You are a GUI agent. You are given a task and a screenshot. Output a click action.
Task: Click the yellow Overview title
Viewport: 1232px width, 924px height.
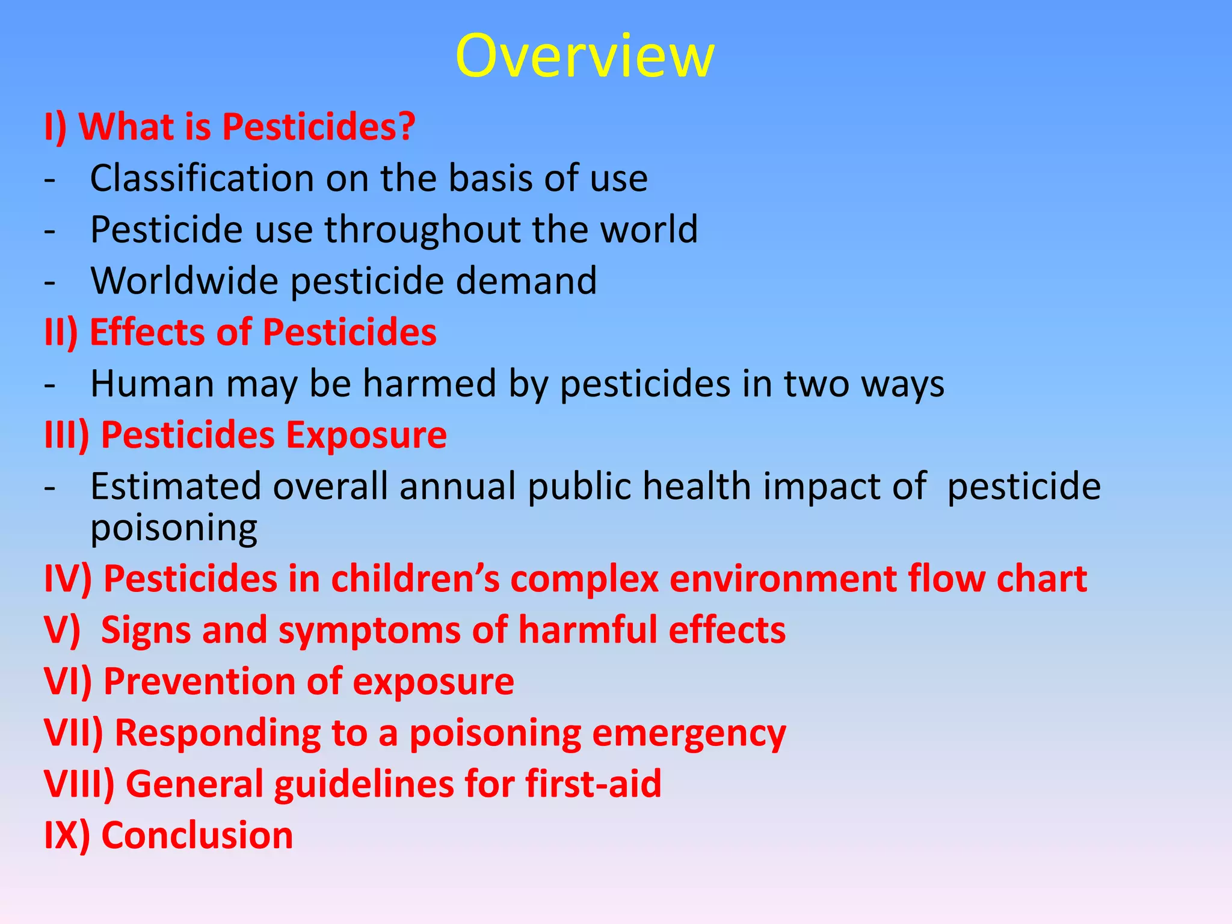coord(585,56)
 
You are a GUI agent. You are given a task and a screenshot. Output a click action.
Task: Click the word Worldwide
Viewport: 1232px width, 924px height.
coord(184,281)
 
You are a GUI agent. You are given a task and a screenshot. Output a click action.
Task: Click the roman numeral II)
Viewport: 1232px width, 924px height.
coord(61,333)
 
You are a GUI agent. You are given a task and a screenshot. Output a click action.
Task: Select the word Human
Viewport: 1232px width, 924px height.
coord(152,384)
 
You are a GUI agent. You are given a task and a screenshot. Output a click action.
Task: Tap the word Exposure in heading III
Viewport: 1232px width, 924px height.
coord(366,435)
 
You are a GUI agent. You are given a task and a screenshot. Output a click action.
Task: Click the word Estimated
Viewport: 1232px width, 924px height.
coord(176,486)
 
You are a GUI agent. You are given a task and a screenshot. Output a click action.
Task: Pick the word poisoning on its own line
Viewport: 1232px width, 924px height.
coord(174,529)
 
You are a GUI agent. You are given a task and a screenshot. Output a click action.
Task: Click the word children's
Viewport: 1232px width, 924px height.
coord(415,579)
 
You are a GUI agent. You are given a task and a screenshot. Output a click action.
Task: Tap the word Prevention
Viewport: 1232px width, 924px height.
coord(199,682)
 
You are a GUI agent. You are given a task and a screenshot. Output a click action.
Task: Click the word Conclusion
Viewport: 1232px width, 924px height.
coord(197,836)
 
